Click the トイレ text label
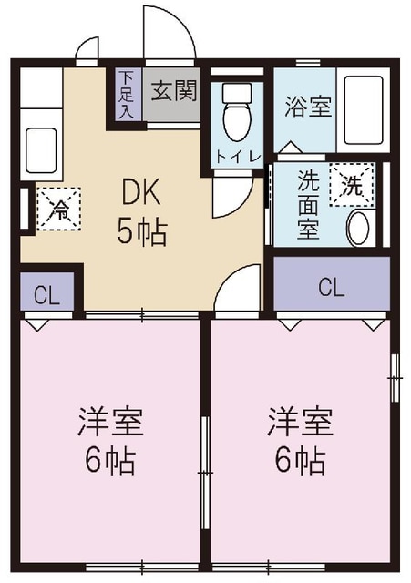238,156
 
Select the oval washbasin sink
359,227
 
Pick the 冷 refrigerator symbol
57,209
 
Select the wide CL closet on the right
332,288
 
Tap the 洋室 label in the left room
109,423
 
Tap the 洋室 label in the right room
299,423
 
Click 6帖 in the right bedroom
299,461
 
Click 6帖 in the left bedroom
109,461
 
